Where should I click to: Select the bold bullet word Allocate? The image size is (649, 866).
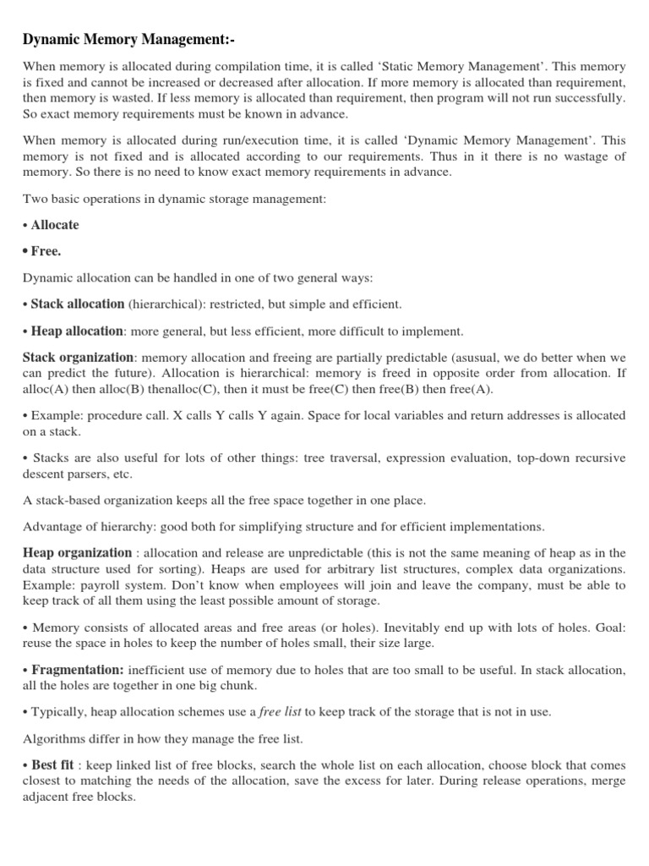pos(54,225)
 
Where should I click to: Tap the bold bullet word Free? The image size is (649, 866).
pos(46,251)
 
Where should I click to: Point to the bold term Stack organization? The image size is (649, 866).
pos(78,358)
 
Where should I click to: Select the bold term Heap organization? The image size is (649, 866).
pos(76,553)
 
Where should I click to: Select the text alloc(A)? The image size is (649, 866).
pos(46,390)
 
